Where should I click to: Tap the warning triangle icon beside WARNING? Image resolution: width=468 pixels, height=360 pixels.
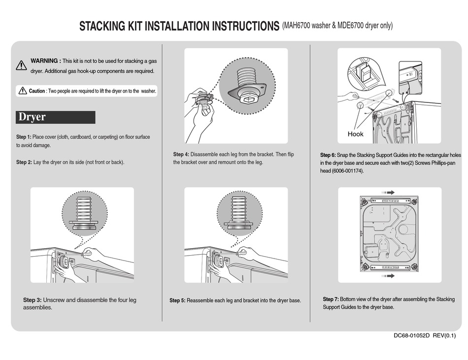pyautogui.click(x=21, y=65)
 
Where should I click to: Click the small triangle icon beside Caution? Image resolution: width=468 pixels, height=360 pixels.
pyautogui.click(x=23, y=91)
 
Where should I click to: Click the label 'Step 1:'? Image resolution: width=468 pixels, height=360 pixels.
pyautogui.click(x=24, y=136)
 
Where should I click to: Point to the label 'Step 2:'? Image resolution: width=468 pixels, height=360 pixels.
pyautogui.click(x=24, y=162)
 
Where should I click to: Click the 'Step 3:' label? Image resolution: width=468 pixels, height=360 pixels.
pyautogui.click(x=33, y=300)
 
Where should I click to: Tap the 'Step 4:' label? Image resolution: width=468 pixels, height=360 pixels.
pyautogui.click(x=181, y=154)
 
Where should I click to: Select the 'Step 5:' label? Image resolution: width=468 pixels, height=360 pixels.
pyautogui.click(x=177, y=300)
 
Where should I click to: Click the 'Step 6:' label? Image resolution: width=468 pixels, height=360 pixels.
pyautogui.click(x=328, y=155)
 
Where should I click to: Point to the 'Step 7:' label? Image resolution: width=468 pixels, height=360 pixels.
pyautogui.click(x=331, y=299)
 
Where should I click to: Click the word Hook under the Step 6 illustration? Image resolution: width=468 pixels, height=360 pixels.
pyautogui.click(x=355, y=134)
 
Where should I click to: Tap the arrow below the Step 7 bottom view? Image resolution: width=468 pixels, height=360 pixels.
pyautogui.click(x=387, y=276)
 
